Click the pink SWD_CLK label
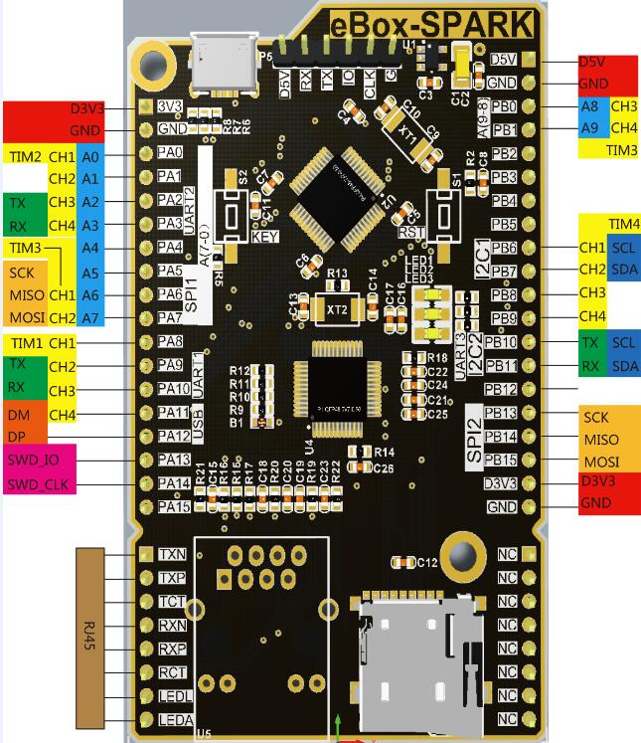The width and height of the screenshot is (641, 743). pos(41,483)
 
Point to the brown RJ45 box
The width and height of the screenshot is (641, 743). pos(90,634)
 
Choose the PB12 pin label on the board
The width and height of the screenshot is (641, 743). pos(501,389)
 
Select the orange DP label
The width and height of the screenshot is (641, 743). pos(19,437)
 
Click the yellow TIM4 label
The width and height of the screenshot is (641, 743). pos(623,224)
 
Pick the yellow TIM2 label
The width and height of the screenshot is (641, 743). pos(25,156)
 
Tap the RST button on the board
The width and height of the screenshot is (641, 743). pos(439,212)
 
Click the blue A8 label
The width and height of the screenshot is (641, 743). pos(589,106)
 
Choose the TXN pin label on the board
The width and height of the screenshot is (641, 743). pos(171,554)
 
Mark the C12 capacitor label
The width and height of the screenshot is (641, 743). pos(426,563)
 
